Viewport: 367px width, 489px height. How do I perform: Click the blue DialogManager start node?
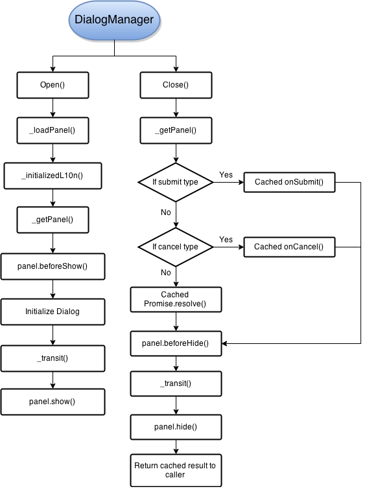pyautogui.click(x=114, y=20)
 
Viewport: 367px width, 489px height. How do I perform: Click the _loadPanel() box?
pyautogui.click(x=52, y=130)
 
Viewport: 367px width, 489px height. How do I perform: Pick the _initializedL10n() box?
pyautogui.click(x=52, y=176)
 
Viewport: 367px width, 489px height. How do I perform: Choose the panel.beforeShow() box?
pyautogui.click(x=52, y=266)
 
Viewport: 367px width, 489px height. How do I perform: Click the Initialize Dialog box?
pyautogui.click(x=52, y=311)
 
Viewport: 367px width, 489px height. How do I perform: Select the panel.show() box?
pyautogui.click(x=52, y=402)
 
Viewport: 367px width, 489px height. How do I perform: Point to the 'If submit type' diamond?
pyautogui.click(x=175, y=182)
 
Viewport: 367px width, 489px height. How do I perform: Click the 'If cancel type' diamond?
pyautogui.click(x=175, y=247)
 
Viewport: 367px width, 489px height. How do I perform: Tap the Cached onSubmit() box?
pyautogui.click(x=289, y=182)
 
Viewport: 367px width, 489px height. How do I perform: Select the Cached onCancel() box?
pyautogui.click(x=289, y=247)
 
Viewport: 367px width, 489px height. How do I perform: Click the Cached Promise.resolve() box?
pyautogui.click(x=175, y=299)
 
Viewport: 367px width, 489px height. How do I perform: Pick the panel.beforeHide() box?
pyautogui.click(x=175, y=343)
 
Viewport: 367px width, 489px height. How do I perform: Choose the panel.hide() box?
pyautogui.click(x=175, y=427)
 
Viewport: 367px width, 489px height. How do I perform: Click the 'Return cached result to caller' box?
pyautogui.click(x=175, y=470)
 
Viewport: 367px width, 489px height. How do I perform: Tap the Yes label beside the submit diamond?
pyautogui.click(x=226, y=175)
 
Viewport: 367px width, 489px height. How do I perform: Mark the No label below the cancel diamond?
pyautogui.click(x=166, y=273)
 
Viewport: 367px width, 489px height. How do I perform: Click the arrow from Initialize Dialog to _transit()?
pyautogui.click(x=52, y=334)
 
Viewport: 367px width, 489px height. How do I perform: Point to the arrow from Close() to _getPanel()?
pyautogui.click(x=175, y=108)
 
